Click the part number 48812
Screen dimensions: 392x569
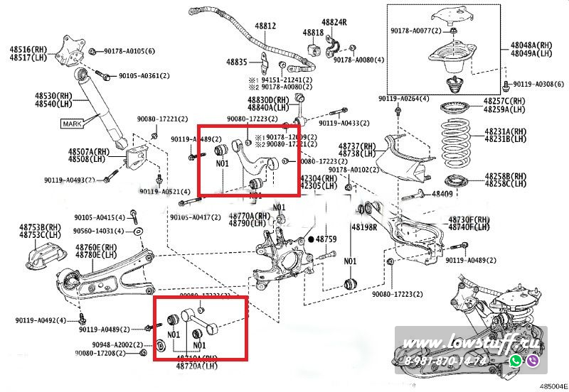coord(265,26)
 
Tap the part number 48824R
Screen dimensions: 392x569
coord(334,22)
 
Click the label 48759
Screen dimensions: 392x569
coord(326,240)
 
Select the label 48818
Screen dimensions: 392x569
coord(313,33)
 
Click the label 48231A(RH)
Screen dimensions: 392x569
coord(506,132)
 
